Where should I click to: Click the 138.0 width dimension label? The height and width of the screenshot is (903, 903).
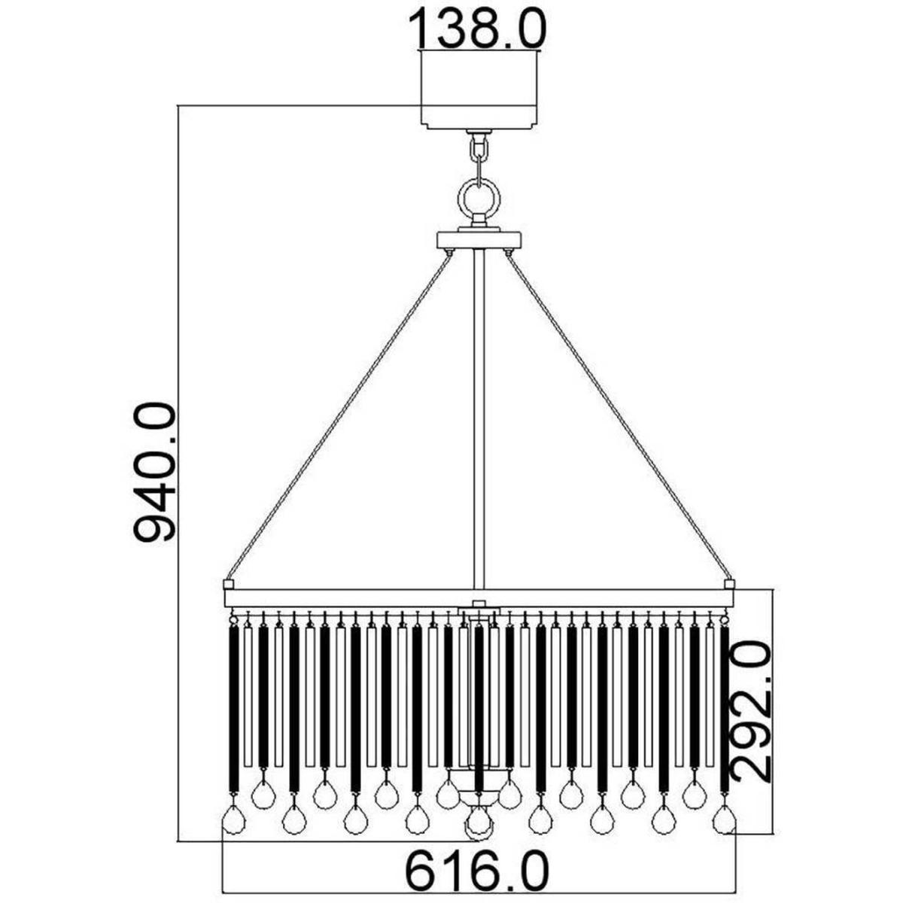pyautogui.click(x=478, y=27)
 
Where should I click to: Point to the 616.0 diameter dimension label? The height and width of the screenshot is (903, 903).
pyautogui.click(x=478, y=841)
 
